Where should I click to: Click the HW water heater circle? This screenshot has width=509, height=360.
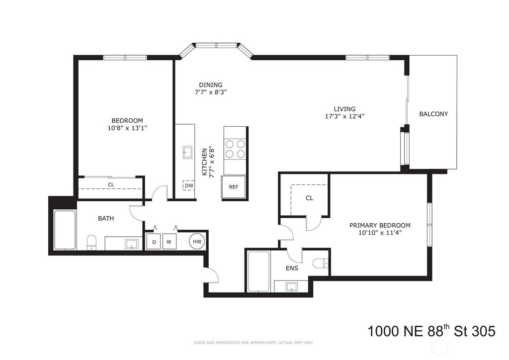pyautogui.click(x=197, y=242)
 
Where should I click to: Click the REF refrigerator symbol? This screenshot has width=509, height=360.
pyautogui.click(x=234, y=187)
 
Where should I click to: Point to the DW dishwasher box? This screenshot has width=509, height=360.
pyautogui.click(x=189, y=185)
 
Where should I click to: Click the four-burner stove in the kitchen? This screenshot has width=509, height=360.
pyautogui.click(x=235, y=148)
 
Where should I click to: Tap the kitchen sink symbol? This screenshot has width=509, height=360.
pyautogui.click(x=188, y=151)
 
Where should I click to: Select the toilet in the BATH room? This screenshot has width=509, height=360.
pyautogui.click(x=91, y=243)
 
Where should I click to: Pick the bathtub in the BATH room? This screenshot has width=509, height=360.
pyautogui.click(x=65, y=230)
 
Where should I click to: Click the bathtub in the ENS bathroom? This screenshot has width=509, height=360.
pyautogui.click(x=258, y=271)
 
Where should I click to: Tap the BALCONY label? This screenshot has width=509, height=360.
pyautogui.click(x=433, y=114)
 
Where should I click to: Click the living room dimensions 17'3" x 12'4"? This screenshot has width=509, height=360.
pyautogui.click(x=344, y=117)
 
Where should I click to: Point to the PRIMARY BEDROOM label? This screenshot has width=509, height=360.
pyautogui.click(x=380, y=225)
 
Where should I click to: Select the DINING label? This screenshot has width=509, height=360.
pyautogui.click(x=211, y=85)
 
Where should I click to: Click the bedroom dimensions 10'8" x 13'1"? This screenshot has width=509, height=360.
pyautogui.click(x=127, y=128)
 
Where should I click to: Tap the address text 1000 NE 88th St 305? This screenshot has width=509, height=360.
pyautogui.click(x=431, y=331)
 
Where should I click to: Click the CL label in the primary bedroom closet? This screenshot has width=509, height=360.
pyautogui.click(x=309, y=198)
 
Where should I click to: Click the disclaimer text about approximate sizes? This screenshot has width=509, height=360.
pyautogui.click(x=253, y=343)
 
